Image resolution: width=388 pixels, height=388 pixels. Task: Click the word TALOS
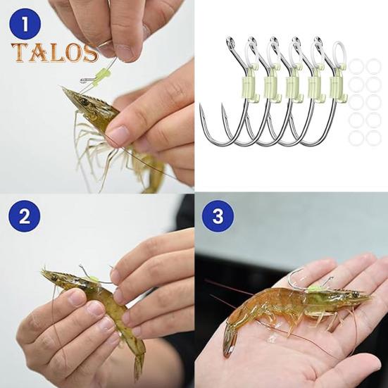click(54, 54)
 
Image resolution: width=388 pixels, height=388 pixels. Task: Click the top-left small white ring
click(357, 67)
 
